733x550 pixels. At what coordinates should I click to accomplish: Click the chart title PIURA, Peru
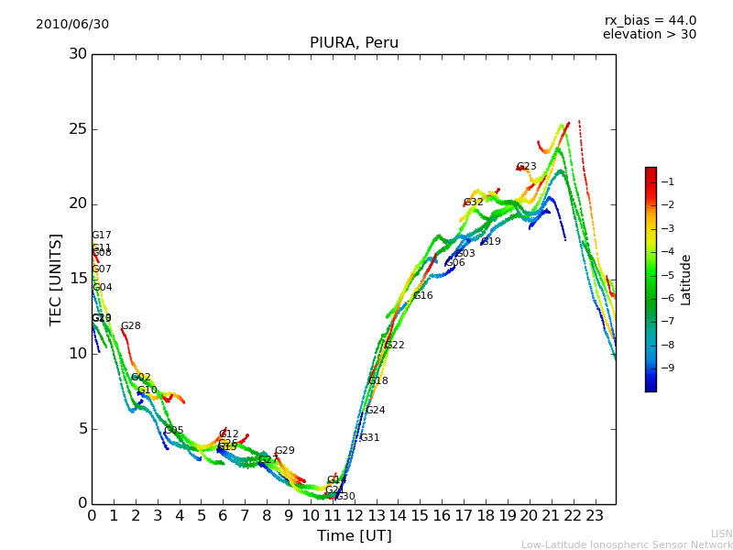[x=354, y=43]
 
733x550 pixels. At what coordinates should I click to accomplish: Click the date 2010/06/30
[x=72, y=25]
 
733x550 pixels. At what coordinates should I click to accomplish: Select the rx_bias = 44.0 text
[x=650, y=21]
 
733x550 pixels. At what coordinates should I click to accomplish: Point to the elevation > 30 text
[x=649, y=35]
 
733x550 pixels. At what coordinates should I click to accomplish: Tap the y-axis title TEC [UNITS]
[x=57, y=279]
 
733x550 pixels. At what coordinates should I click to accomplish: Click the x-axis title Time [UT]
[x=354, y=536]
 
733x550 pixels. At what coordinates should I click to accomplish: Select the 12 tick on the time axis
[x=354, y=516]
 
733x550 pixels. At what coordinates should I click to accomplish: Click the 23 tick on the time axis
[x=594, y=516]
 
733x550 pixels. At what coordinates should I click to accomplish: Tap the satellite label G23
[x=526, y=167]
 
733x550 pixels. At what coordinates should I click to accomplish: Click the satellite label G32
[x=473, y=203]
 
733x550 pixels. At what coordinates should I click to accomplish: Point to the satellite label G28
[x=131, y=326]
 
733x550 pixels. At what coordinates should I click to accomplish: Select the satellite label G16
[x=422, y=296]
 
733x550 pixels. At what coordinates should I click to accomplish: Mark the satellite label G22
[x=394, y=346]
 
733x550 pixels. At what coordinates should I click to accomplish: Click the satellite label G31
[x=369, y=438]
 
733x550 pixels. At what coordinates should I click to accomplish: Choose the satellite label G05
[x=174, y=431]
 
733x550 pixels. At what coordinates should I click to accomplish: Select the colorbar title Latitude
[x=686, y=280]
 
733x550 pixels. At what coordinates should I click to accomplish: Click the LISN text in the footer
[x=721, y=533]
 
